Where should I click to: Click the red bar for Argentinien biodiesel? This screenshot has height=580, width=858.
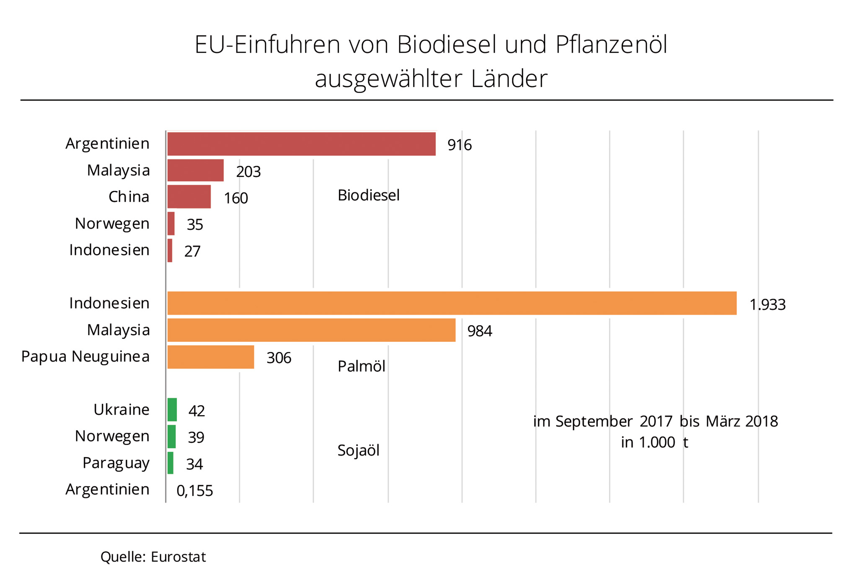pos(301,144)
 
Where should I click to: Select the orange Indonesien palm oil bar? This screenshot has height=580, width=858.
pos(452,303)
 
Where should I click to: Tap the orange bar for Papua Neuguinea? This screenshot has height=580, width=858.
pos(211,357)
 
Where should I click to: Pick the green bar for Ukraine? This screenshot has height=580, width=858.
pos(172,410)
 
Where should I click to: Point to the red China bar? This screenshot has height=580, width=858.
pos(189,197)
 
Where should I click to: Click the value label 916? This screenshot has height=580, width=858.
pos(460,145)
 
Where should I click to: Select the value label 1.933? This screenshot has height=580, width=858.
pos(768,305)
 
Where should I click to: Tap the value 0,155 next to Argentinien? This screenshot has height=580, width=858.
pos(195,491)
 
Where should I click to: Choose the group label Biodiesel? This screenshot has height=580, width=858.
pos(369,195)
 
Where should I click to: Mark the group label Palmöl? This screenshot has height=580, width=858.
pos(362,367)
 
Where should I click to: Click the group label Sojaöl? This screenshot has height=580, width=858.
pos(359,451)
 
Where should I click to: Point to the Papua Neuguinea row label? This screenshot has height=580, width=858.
pos(85,357)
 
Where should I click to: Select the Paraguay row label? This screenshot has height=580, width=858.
pos(116,463)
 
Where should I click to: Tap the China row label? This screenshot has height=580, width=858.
pos(129,197)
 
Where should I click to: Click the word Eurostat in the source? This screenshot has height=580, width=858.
pos(178,557)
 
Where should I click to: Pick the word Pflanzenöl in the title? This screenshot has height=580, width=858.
pos(611,45)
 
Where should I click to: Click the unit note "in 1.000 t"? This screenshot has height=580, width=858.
pos(654,442)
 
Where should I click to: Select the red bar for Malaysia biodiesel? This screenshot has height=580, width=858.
pos(195,170)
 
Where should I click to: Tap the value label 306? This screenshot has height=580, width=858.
pos(279,358)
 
